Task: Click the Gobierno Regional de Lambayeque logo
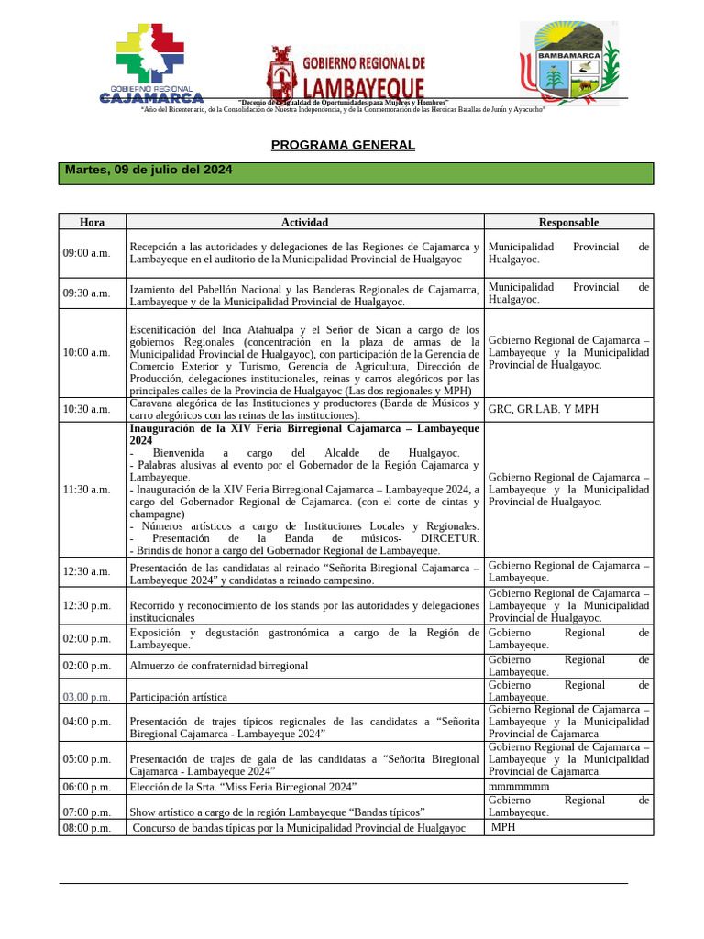tap(346, 73)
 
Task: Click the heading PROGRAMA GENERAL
tap(343, 145)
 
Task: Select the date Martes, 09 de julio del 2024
tap(148, 171)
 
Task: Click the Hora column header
tap(92, 222)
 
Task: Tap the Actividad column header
tap(304, 222)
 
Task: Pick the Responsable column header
tap(568, 222)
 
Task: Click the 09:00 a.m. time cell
tap(86, 253)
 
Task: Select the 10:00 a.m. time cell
tap(86, 352)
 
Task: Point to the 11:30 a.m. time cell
tap(86, 490)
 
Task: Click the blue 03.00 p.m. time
tap(86, 697)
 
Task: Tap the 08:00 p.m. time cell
tap(86, 828)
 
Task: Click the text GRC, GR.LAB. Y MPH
tap(543, 409)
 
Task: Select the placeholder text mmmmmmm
tap(519, 787)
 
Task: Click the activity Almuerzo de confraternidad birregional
tap(219, 666)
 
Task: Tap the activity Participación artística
tap(178, 697)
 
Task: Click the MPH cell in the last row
tap(503, 828)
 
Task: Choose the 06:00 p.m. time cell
tap(86, 787)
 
